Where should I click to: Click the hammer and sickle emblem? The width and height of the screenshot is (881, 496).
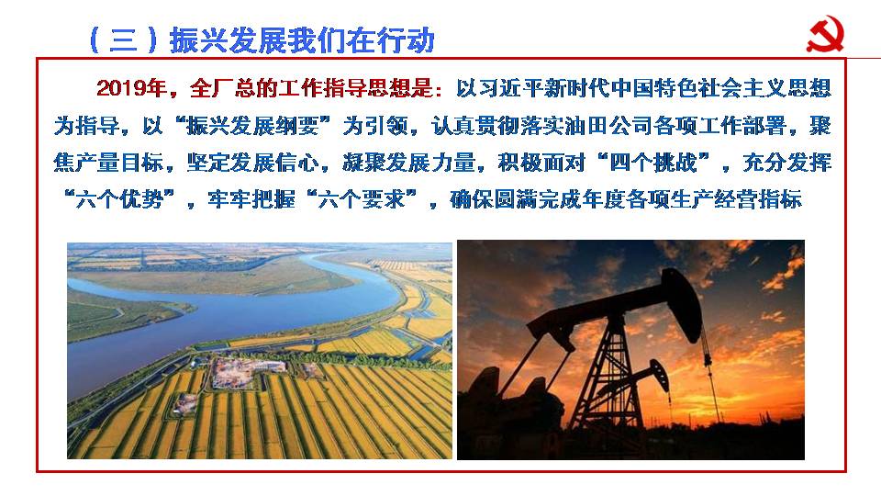point(825,35)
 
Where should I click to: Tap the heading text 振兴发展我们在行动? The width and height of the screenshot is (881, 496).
point(302,40)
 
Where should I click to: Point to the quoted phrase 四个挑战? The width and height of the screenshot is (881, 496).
point(653,163)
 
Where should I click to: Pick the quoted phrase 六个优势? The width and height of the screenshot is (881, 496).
point(119,199)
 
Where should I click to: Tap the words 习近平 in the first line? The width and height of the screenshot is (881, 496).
point(509,89)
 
